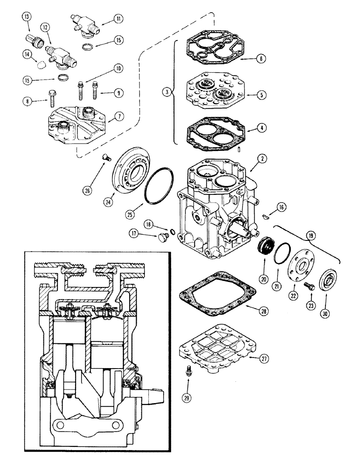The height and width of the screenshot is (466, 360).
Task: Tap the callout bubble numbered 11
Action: coord(118,19)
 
